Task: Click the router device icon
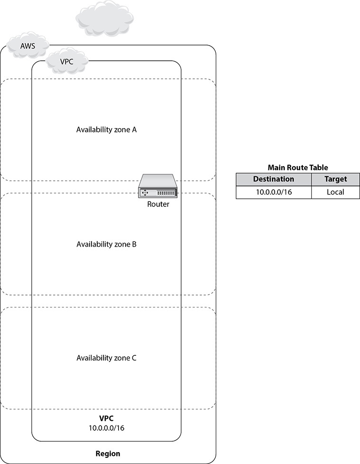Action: (x=158, y=187)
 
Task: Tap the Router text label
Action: (x=158, y=205)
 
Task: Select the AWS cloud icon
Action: (x=28, y=46)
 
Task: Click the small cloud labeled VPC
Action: (x=67, y=62)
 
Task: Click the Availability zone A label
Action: (x=106, y=130)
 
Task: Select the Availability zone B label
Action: (x=106, y=244)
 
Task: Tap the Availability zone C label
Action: (x=106, y=358)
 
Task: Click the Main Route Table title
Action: (x=298, y=167)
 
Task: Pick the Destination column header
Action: (x=273, y=179)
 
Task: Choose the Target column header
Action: (x=335, y=179)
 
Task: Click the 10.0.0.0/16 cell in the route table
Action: (x=273, y=192)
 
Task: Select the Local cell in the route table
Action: (x=335, y=192)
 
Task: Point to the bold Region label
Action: (x=108, y=454)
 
